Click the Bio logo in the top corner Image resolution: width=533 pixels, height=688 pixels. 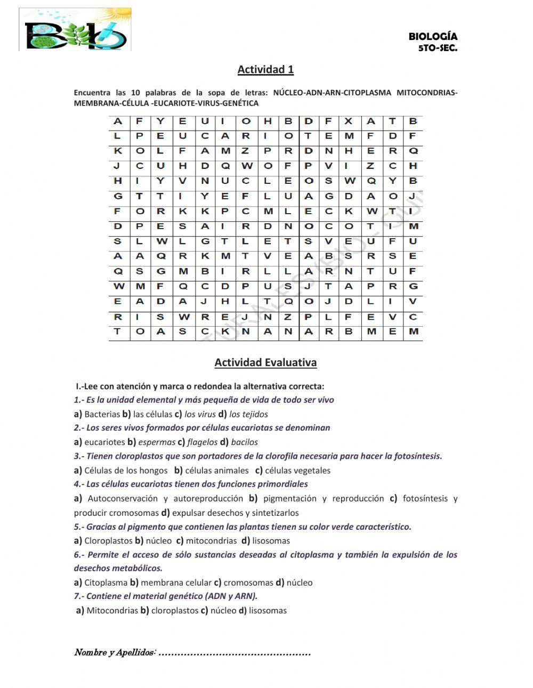tap(75, 30)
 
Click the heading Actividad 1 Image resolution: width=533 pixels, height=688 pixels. tap(265, 69)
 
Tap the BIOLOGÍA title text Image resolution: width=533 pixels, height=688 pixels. tap(433, 36)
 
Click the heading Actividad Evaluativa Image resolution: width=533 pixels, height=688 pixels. tap(265, 362)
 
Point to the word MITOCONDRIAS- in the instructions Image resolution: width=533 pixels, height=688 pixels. tap(427, 93)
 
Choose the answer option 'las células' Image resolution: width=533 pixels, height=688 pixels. tap(152, 414)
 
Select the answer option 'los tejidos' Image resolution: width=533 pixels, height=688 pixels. tap(248, 414)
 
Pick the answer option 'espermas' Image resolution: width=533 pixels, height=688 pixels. tap(157, 442)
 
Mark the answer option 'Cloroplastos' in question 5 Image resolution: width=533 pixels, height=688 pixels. tap(108, 540)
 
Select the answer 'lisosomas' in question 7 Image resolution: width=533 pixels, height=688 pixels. tap(268, 610)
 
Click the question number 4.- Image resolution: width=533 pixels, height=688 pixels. tap(79, 484)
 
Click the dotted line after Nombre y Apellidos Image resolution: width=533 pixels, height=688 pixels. tap(235, 653)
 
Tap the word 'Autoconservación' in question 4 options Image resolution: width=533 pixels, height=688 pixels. tap(123, 498)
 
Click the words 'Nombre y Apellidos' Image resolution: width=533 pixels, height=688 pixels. tap(114, 653)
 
